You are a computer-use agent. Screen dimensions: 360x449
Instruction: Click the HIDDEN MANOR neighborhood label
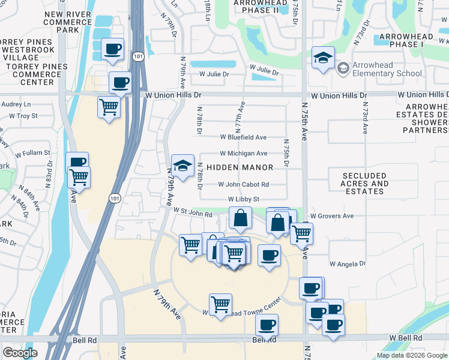240,167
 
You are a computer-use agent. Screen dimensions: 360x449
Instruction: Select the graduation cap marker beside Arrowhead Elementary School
323,59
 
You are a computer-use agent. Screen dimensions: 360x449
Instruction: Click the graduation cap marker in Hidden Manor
182,165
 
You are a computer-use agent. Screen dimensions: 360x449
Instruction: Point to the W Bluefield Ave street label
243,137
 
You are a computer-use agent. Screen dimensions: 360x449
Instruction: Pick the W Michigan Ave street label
243,154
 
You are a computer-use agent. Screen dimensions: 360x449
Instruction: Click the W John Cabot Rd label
243,185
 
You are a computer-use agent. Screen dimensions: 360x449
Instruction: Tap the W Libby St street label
243,199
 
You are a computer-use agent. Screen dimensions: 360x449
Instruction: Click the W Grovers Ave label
332,216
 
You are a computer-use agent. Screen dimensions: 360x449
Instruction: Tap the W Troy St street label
19,116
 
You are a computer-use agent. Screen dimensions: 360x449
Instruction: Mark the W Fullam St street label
30,153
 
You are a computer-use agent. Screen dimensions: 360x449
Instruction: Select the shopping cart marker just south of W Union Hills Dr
109,108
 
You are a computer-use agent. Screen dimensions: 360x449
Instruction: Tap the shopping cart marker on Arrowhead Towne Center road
221,304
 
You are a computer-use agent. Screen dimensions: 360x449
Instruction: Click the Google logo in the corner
20,353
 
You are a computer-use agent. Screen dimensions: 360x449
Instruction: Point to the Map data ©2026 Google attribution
411,355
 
